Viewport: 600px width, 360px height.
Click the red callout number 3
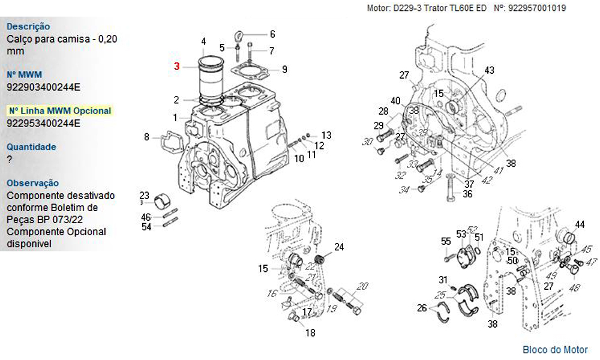coord(177,66)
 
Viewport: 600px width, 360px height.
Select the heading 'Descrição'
coord(28,26)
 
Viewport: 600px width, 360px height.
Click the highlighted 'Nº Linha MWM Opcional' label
coord(60,111)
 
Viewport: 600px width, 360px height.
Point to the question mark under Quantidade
coord(9,160)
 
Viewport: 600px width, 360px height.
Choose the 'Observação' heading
coord(32,183)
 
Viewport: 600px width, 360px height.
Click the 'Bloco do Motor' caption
coord(555,350)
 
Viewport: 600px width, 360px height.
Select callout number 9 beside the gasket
coord(284,69)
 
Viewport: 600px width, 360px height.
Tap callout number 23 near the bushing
coord(144,196)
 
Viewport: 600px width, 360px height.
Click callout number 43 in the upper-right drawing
coord(489,71)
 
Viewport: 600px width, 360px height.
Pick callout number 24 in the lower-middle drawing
coord(339,247)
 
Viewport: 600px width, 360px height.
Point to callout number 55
coord(445,241)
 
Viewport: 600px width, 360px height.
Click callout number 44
coord(580,224)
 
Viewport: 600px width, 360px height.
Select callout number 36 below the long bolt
coord(467,194)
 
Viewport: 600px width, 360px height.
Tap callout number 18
coord(310,333)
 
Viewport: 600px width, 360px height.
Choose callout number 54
coord(146,226)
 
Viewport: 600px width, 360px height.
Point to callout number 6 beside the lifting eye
coord(272,34)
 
